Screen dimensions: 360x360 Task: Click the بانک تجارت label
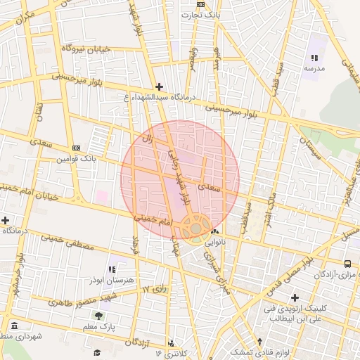pyautogui.click(x=200, y=14)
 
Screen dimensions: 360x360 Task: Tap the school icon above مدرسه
pyautogui.click(x=314, y=58)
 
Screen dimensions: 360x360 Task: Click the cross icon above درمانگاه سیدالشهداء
pyautogui.click(x=159, y=86)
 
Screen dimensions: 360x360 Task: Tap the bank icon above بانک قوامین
pyautogui.click(x=76, y=148)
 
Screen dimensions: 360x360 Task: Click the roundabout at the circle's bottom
pyautogui.click(x=195, y=229)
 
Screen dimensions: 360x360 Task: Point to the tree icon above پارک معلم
pyautogui.click(x=98, y=315)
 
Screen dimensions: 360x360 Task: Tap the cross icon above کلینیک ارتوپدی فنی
pyautogui.click(x=295, y=298)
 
